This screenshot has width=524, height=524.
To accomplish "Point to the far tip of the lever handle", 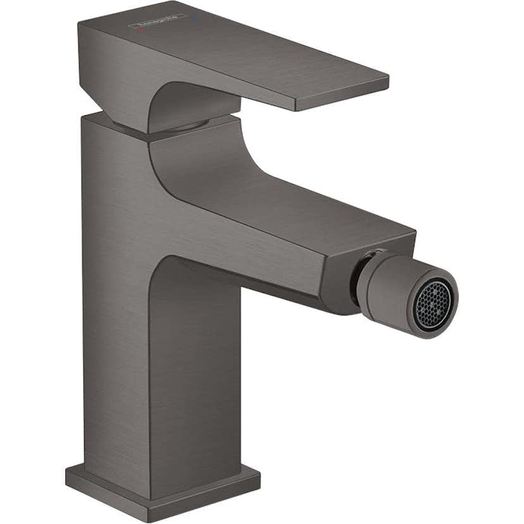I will [386, 80].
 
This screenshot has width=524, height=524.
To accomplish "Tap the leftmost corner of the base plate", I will [66, 471].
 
